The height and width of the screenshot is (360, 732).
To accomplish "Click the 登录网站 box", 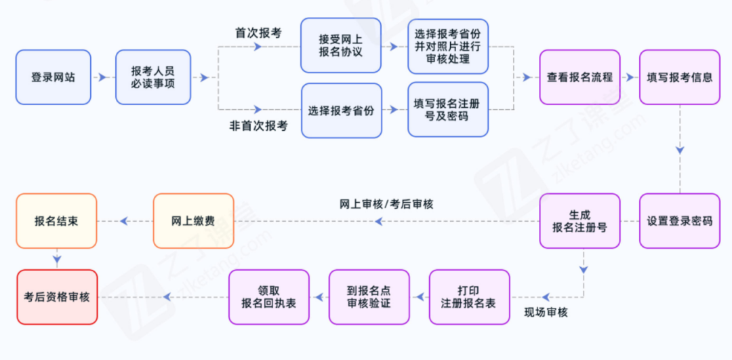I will click(53, 77).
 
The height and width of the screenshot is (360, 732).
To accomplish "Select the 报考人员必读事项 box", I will click(153, 77).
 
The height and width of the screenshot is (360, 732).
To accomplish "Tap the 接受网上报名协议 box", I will click(341, 45).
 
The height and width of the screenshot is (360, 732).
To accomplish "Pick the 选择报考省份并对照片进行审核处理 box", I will click(448, 46).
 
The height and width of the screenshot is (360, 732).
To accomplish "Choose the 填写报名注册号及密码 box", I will click(448, 110).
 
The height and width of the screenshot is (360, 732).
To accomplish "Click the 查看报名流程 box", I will click(579, 77).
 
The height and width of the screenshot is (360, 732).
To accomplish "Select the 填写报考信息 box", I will click(680, 77).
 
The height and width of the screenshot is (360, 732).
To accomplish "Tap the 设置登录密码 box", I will click(680, 221).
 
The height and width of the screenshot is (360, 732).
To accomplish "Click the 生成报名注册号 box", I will click(579, 221).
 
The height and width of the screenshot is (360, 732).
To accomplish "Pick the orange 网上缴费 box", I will click(193, 221).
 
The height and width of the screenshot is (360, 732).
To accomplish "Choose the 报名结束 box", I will click(56, 221).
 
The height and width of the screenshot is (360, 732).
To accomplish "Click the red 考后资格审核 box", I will click(56, 297).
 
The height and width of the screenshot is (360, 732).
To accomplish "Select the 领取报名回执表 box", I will click(268, 297).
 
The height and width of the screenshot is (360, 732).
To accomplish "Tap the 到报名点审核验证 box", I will click(369, 297).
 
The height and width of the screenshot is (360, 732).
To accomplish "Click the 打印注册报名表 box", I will click(468, 297).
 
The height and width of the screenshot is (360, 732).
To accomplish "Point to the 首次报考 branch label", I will click(258, 33).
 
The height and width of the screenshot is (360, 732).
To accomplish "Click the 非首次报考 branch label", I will click(258, 125).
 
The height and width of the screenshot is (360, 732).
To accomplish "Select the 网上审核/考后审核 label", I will click(386, 204).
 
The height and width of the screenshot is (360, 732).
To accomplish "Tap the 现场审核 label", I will click(546, 313).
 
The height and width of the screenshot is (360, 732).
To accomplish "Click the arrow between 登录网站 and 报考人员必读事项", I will click(102, 77).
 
